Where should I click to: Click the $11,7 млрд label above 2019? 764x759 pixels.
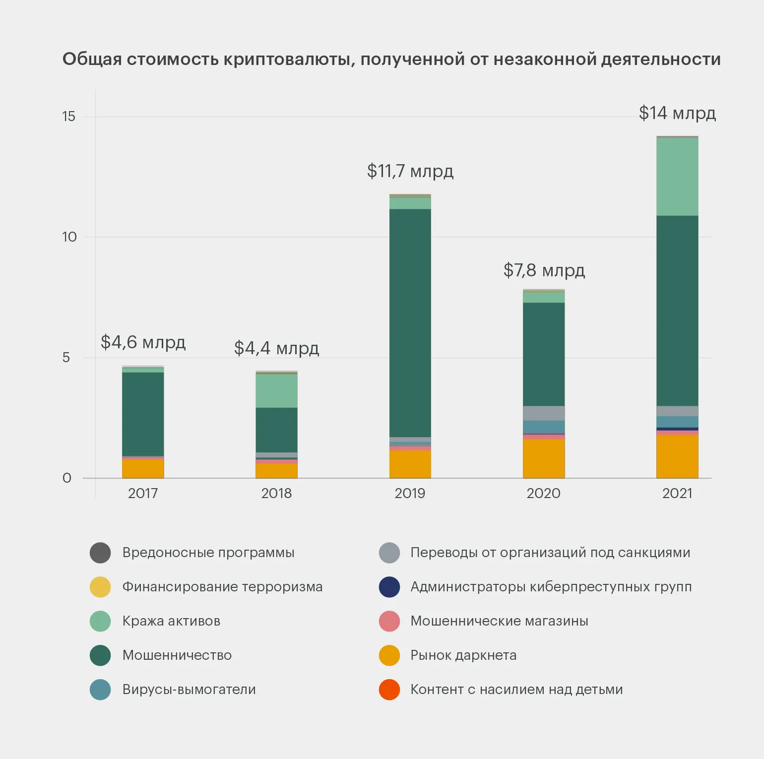tap(410, 171)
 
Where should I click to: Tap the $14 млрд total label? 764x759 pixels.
tap(677, 113)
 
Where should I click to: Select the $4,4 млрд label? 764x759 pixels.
tap(276, 348)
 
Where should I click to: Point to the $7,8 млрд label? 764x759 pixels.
tap(544, 270)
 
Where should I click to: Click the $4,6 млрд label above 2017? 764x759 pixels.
tap(143, 342)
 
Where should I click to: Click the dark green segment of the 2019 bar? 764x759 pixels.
tap(410, 322)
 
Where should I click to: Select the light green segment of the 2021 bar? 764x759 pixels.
tap(677, 177)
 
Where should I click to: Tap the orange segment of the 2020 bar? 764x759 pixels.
tap(544, 459)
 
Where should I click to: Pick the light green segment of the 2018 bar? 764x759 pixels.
tap(276, 391)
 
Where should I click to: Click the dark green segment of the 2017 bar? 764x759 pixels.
tap(143, 414)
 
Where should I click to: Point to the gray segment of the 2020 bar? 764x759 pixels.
tap(544, 413)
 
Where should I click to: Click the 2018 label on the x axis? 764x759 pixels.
tap(276, 493)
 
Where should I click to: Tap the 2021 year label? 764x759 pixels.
tap(677, 493)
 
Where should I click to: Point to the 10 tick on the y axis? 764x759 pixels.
tap(69, 237)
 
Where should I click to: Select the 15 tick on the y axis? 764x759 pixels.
tap(68, 117)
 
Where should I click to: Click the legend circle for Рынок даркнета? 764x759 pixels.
tap(389, 655)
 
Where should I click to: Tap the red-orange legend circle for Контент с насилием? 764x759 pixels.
tap(389, 690)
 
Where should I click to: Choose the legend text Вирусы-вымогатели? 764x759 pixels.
tap(189, 690)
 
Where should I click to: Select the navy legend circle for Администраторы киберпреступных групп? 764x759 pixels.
tap(389, 587)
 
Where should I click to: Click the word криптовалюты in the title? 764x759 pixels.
tap(289, 60)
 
